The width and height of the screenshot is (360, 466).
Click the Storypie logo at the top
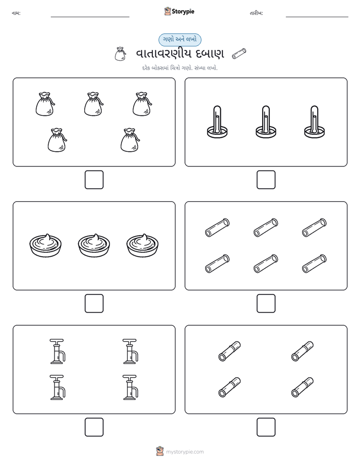pos(179,11)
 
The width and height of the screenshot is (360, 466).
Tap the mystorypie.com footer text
pos(185,452)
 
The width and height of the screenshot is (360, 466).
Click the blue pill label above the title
pos(179,39)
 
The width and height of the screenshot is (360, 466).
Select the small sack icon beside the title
pos(120,54)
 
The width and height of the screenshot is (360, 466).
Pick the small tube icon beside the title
pos(239,53)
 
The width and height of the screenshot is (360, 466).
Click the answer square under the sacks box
pos(94,180)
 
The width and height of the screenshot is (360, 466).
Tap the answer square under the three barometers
pos(266,180)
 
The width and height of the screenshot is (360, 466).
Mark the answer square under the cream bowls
pos(94,304)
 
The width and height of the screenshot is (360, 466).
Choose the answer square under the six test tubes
pos(266,304)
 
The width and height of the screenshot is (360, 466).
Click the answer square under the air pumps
pos(94,427)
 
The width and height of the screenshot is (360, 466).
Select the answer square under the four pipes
pos(266,427)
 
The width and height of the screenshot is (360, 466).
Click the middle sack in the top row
pos(94,104)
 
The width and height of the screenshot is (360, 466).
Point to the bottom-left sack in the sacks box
pos(57,140)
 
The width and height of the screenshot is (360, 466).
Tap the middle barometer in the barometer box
pos(266,122)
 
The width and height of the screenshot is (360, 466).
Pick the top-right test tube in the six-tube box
pos(314,227)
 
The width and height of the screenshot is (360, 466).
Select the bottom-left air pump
pos(57,387)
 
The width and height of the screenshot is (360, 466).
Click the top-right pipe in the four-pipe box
pos(303,352)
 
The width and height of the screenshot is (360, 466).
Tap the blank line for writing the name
pos(90,17)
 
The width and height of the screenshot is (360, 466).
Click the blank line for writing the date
pos(317,17)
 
